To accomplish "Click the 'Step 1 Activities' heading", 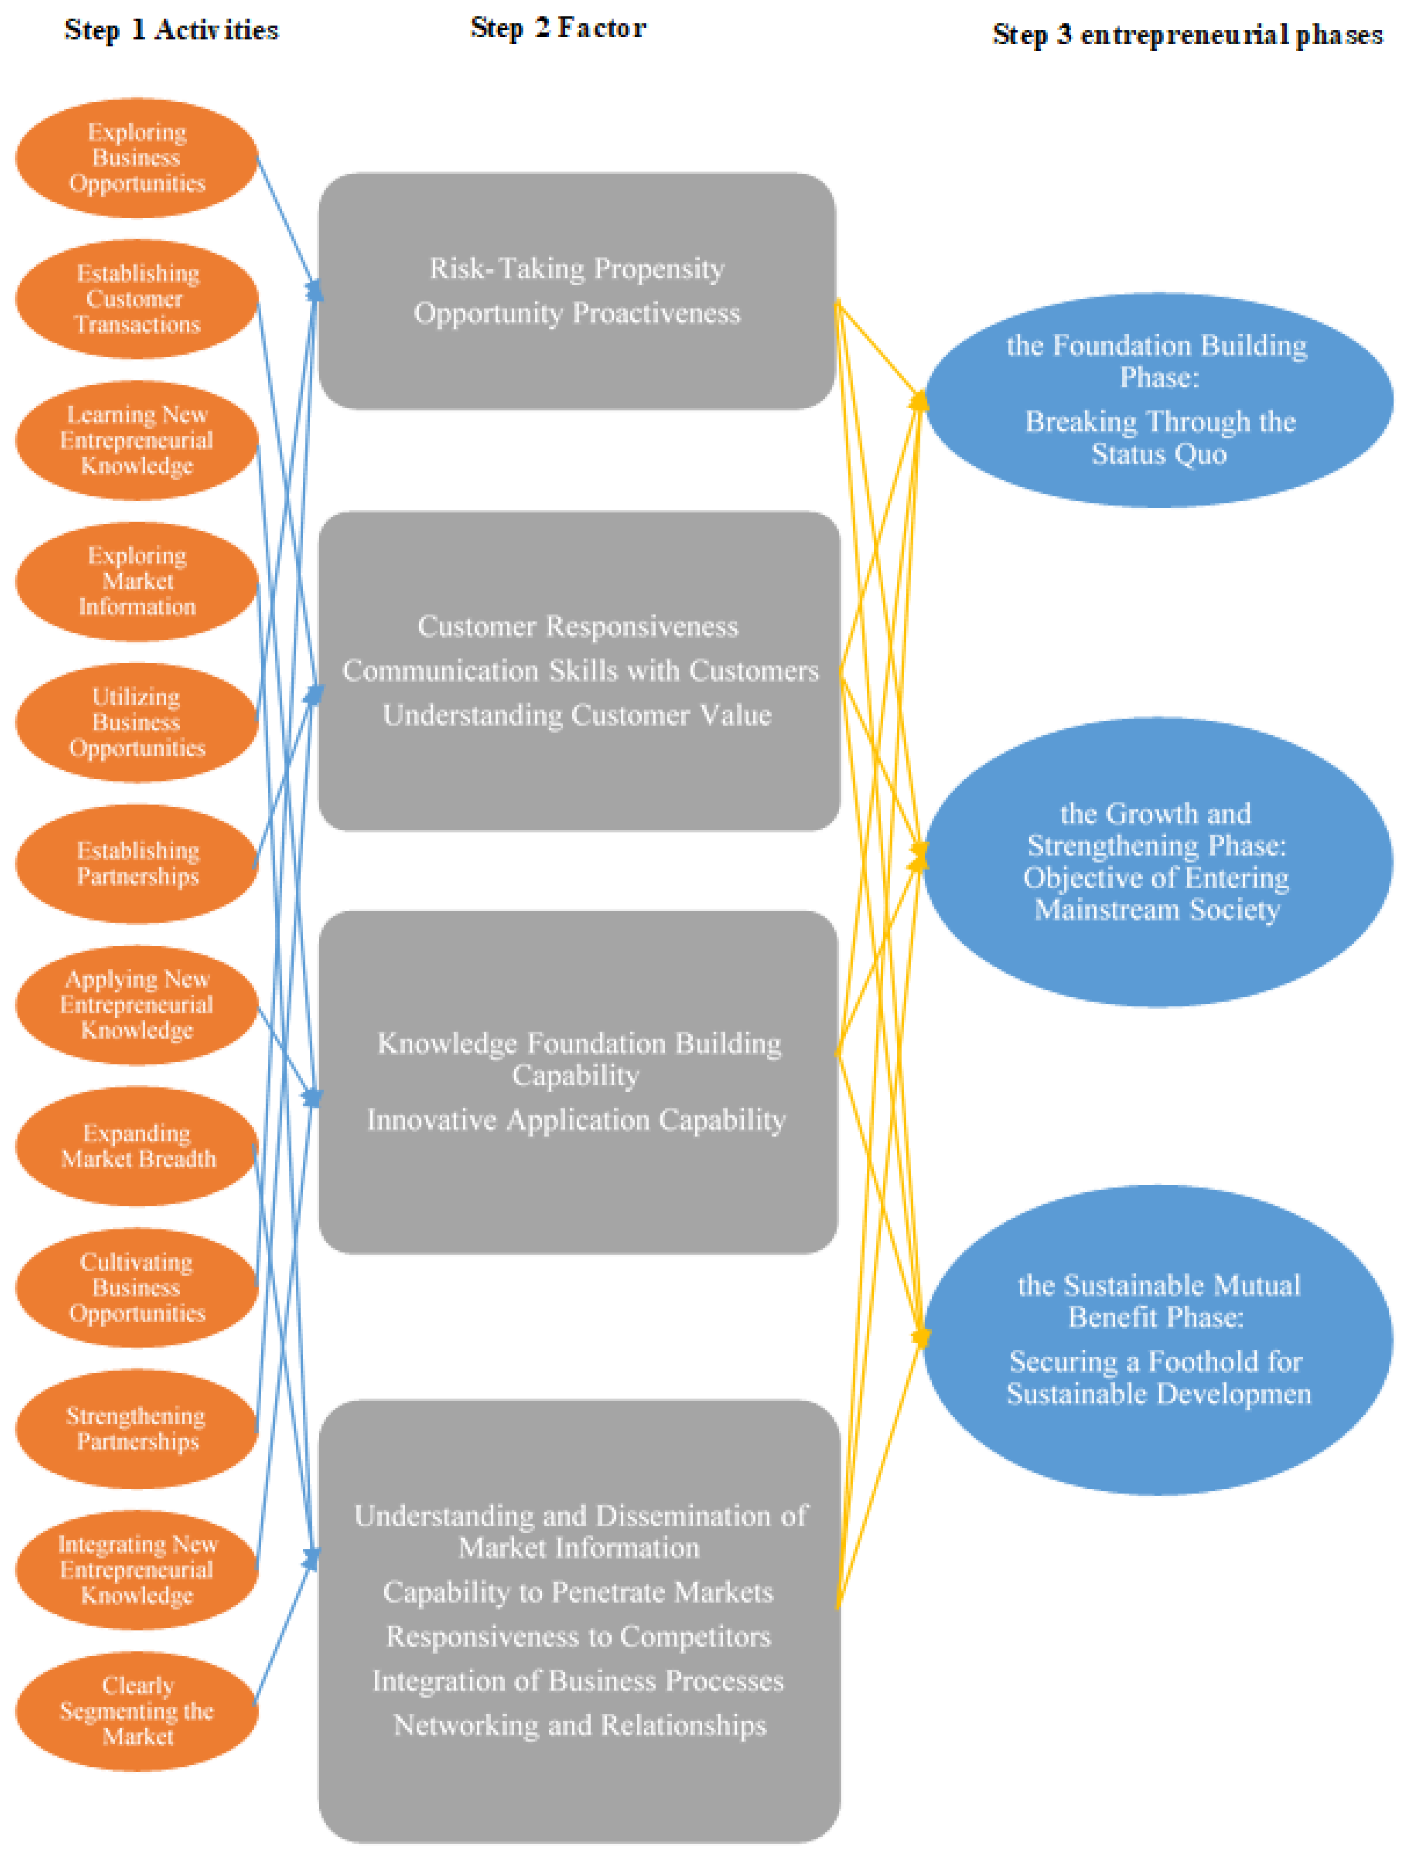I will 171,30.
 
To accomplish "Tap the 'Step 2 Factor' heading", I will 558,28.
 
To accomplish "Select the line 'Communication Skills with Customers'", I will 580,671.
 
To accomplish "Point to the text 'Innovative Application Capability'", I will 577,1120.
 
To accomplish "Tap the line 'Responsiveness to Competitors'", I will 578,1636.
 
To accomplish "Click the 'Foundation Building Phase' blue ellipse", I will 1158,400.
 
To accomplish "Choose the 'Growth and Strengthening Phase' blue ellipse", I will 1158,861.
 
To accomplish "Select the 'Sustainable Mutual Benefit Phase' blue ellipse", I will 1158,1339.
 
